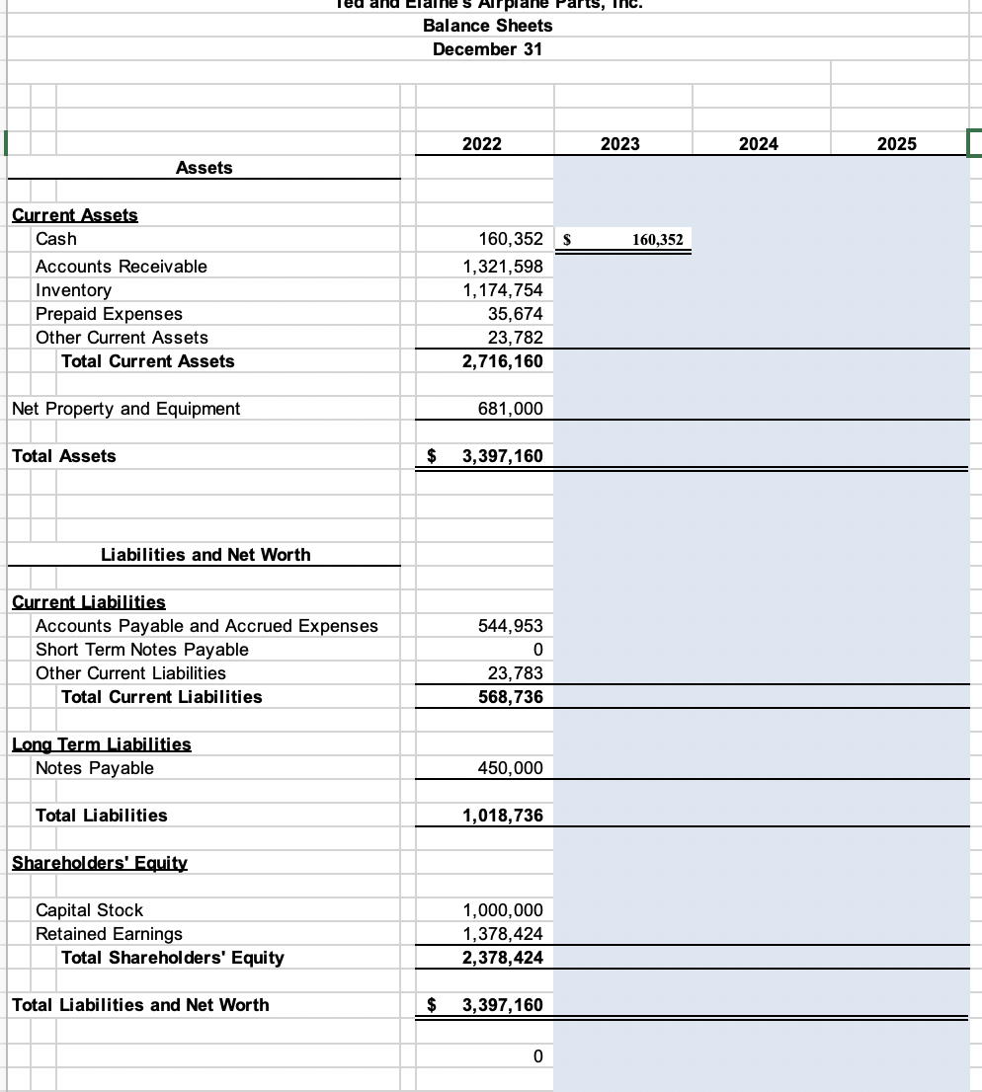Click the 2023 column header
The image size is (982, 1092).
tap(619, 144)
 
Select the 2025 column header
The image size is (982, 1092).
tap(896, 144)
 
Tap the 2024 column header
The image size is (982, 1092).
tap(758, 144)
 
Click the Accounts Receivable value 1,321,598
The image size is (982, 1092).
tap(502, 267)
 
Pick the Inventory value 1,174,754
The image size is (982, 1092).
tap(502, 290)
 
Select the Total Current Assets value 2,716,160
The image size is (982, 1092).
tap(502, 361)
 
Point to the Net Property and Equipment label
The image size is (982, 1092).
tap(125, 409)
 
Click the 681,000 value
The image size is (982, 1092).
tap(509, 409)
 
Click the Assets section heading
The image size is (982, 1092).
tap(204, 168)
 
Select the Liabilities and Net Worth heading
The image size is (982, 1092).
tap(205, 555)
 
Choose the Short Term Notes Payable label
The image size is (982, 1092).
tap(141, 650)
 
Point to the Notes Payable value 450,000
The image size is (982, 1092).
tap(509, 768)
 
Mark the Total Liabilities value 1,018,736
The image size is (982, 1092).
tap(502, 816)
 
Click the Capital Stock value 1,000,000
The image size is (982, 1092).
tap(502, 910)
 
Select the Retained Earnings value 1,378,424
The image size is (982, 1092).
tap(502, 934)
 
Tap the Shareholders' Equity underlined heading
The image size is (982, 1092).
tap(99, 863)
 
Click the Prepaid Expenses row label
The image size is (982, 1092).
tap(109, 314)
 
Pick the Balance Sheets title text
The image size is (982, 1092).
tap(487, 26)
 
